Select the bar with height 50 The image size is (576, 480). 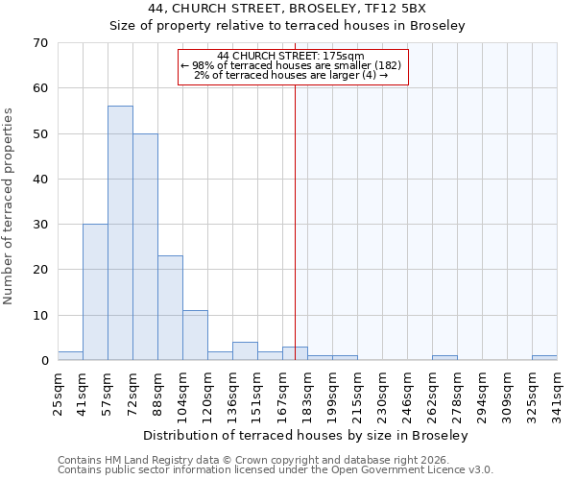(x=145, y=247)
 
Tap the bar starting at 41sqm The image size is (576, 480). (x=95, y=292)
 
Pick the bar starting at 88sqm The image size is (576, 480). (x=170, y=308)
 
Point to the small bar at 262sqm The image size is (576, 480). (x=444, y=358)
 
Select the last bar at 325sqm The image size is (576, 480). (x=544, y=358)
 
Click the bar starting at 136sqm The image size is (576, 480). (x=245, y=351)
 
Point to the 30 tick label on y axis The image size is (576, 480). (x=39, y=225)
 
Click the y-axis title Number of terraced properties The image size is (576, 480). (x=9, y=205)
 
